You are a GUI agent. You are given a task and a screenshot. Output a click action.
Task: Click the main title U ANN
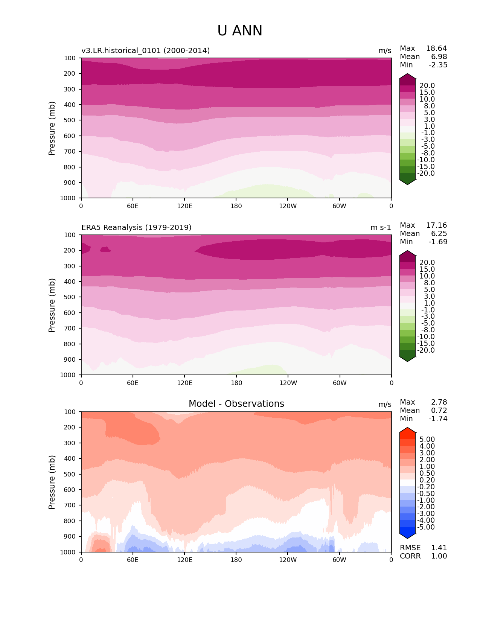pos(240,31)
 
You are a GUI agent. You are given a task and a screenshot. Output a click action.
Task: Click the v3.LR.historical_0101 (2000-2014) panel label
pos(145,50)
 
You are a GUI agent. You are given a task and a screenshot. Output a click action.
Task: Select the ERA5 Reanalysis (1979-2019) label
pos(136,227)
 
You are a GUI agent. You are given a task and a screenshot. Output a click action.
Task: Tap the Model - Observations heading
pos(236,404)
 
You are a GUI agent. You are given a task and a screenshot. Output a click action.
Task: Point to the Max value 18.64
pos(436,49)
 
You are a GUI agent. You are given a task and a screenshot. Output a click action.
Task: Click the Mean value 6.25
pos(439,234)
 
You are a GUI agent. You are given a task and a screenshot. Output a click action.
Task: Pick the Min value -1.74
pos(438,419)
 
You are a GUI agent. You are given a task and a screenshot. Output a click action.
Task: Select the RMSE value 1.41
pos(439,548)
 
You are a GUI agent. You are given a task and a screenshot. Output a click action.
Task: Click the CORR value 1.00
pos(439,556)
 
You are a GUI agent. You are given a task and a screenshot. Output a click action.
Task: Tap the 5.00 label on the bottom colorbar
pos(427,440)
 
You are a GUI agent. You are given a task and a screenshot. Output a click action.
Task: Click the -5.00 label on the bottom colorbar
pos(426,527)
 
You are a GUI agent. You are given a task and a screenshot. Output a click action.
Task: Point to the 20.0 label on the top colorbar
pos(427,86)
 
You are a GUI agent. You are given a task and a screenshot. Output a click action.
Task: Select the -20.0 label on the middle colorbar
pos(426,350)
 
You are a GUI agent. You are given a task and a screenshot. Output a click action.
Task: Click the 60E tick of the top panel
pos(133,206)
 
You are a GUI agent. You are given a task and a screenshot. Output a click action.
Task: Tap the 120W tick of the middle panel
pos(288,383)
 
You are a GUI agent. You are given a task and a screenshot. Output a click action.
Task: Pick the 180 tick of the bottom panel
pos(236,560)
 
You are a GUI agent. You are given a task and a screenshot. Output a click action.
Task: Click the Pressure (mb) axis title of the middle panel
pos(52,305)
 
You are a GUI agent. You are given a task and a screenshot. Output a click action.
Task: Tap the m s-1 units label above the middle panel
pos(381,227)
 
